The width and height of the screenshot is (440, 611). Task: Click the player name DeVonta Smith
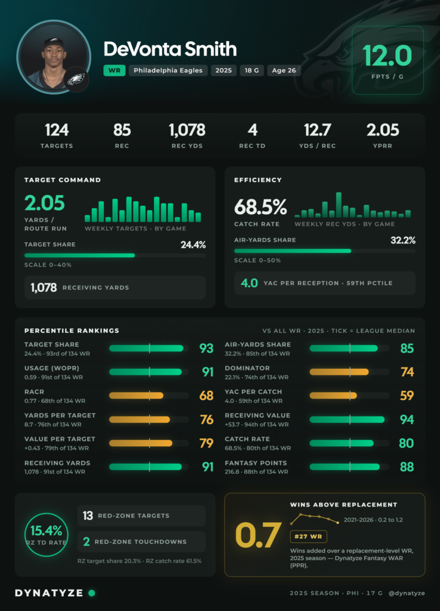170,49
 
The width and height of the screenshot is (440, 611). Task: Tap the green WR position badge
114,70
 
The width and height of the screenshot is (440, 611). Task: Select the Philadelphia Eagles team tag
168,70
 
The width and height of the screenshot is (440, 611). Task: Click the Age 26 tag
284,70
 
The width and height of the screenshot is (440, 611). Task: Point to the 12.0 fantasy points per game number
387,55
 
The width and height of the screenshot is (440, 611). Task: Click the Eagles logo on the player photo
76,79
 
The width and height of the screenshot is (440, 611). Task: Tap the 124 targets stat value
57,130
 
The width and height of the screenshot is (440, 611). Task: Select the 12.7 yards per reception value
317,130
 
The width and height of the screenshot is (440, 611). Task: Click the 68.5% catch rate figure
260,207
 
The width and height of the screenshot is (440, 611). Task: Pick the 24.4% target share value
193,245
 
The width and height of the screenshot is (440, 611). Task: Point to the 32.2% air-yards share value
403,240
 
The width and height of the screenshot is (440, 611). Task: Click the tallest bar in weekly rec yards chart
339,205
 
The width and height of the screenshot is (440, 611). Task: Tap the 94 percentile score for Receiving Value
407,419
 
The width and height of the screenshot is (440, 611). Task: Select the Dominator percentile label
247,368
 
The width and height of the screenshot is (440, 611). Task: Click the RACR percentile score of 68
206,396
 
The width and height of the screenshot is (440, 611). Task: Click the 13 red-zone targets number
88,516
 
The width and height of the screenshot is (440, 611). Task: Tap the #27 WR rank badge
308,536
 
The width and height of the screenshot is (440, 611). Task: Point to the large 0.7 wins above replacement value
258,535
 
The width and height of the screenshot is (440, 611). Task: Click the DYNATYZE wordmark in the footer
49,593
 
